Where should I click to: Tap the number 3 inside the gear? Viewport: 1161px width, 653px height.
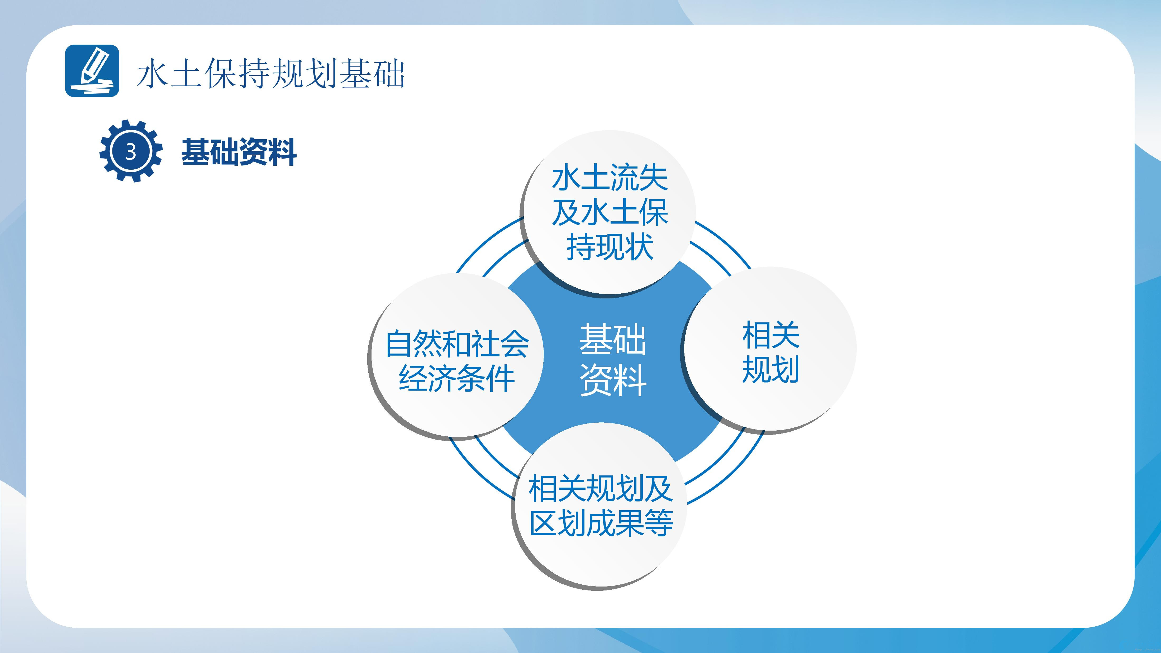pyautogui.click(x=131, y=152)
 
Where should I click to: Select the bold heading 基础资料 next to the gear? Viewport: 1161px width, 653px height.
pyautogui.click(x=239, y=152)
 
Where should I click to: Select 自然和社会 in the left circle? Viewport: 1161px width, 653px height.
pyautogui.click(x=457, y=344)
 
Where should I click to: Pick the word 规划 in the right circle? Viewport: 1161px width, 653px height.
pyautogui.click(x=771, y=370)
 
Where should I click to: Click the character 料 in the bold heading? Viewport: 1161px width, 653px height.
pyautogui.click(x=282, y=152)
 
